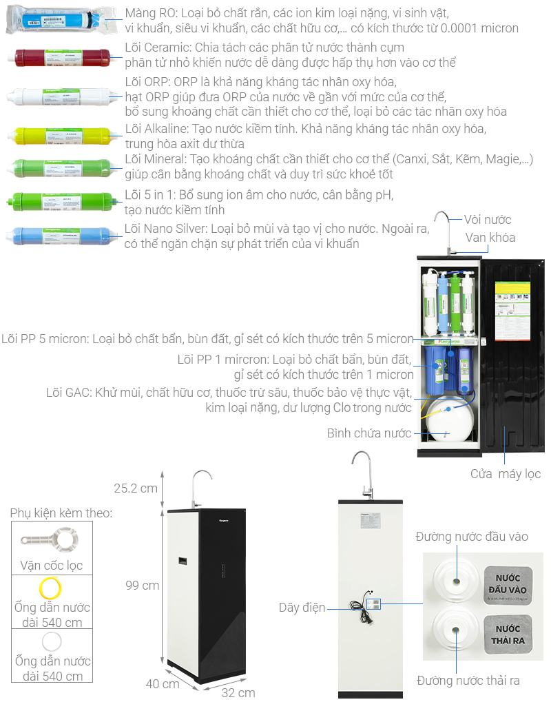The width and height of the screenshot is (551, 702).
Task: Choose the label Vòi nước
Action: click(488, 220)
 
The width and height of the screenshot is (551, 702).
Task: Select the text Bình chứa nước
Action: click(369, 433)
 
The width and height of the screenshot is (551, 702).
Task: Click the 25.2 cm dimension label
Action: click(136, 488)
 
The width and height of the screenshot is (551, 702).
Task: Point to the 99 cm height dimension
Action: click(143, 586)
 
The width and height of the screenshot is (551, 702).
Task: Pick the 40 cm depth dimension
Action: click(162, 683)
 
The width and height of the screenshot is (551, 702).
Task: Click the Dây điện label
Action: click(302, 607)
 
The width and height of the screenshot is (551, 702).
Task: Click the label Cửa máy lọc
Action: click(506, 474)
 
